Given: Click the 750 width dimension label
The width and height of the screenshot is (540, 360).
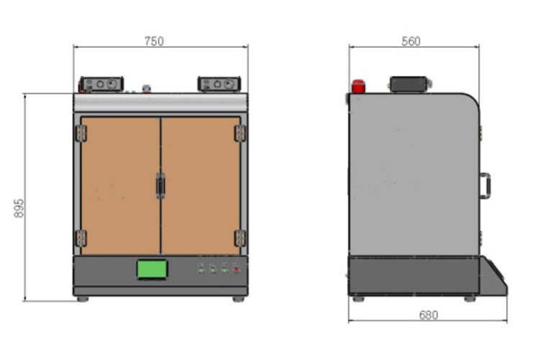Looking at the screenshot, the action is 154,41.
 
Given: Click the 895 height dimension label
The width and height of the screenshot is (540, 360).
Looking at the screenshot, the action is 19,208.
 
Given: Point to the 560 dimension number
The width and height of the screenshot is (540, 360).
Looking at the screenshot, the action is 411,41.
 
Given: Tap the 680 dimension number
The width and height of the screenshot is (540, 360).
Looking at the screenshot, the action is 428,315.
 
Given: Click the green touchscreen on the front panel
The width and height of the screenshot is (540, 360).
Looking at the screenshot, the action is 152,269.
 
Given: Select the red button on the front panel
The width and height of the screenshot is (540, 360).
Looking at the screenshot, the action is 236,270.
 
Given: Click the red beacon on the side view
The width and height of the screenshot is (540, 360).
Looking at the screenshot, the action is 358,86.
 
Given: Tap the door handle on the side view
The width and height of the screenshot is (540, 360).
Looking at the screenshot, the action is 485,185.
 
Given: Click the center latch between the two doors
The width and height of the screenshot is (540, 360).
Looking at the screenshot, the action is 160,186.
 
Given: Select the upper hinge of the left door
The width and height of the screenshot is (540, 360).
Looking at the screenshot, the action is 81,133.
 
